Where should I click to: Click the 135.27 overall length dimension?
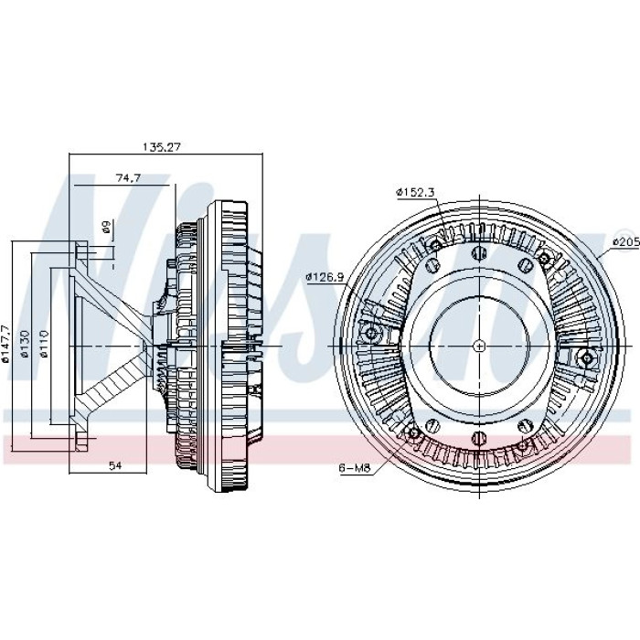tap(161, 147)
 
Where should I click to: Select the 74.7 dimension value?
tap(128, 178)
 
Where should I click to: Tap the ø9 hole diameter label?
tap(107, 227)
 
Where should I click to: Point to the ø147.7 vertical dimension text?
tap(5, 344)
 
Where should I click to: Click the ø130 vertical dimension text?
tap(26, 344)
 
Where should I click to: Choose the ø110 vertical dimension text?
tap(45, 344)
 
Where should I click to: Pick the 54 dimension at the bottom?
tap(115, 465)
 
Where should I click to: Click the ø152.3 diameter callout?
tap(415, 192)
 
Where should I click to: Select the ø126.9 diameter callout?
tap(325, 278)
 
